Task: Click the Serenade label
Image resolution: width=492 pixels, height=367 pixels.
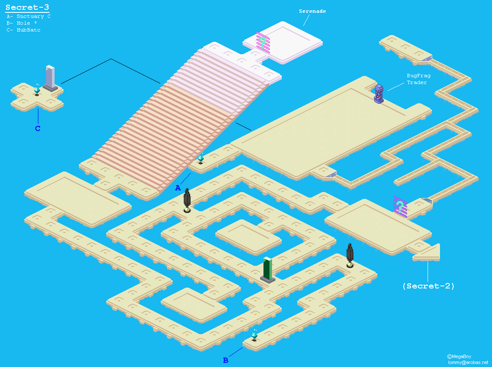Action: [312, 11]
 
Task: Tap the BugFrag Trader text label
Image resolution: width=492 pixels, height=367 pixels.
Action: [418, 79]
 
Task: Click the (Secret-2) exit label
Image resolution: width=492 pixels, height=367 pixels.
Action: [428, 286]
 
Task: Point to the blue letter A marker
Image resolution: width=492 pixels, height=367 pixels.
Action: [178, 188]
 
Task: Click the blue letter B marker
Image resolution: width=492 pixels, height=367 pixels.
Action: [226, 360]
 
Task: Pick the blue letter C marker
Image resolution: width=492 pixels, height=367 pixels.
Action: [38, 128]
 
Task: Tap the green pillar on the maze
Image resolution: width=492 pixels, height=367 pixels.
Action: [267, 270]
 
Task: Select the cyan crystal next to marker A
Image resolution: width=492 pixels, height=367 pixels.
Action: [200, 158]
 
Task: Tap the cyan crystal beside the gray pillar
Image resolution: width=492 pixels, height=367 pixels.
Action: [37, 89]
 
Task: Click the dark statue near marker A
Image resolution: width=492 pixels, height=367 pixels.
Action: [187, 201]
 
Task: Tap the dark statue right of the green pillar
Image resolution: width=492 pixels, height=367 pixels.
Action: [350, 255]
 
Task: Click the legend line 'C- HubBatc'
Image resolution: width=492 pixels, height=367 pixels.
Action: [23, 30]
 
